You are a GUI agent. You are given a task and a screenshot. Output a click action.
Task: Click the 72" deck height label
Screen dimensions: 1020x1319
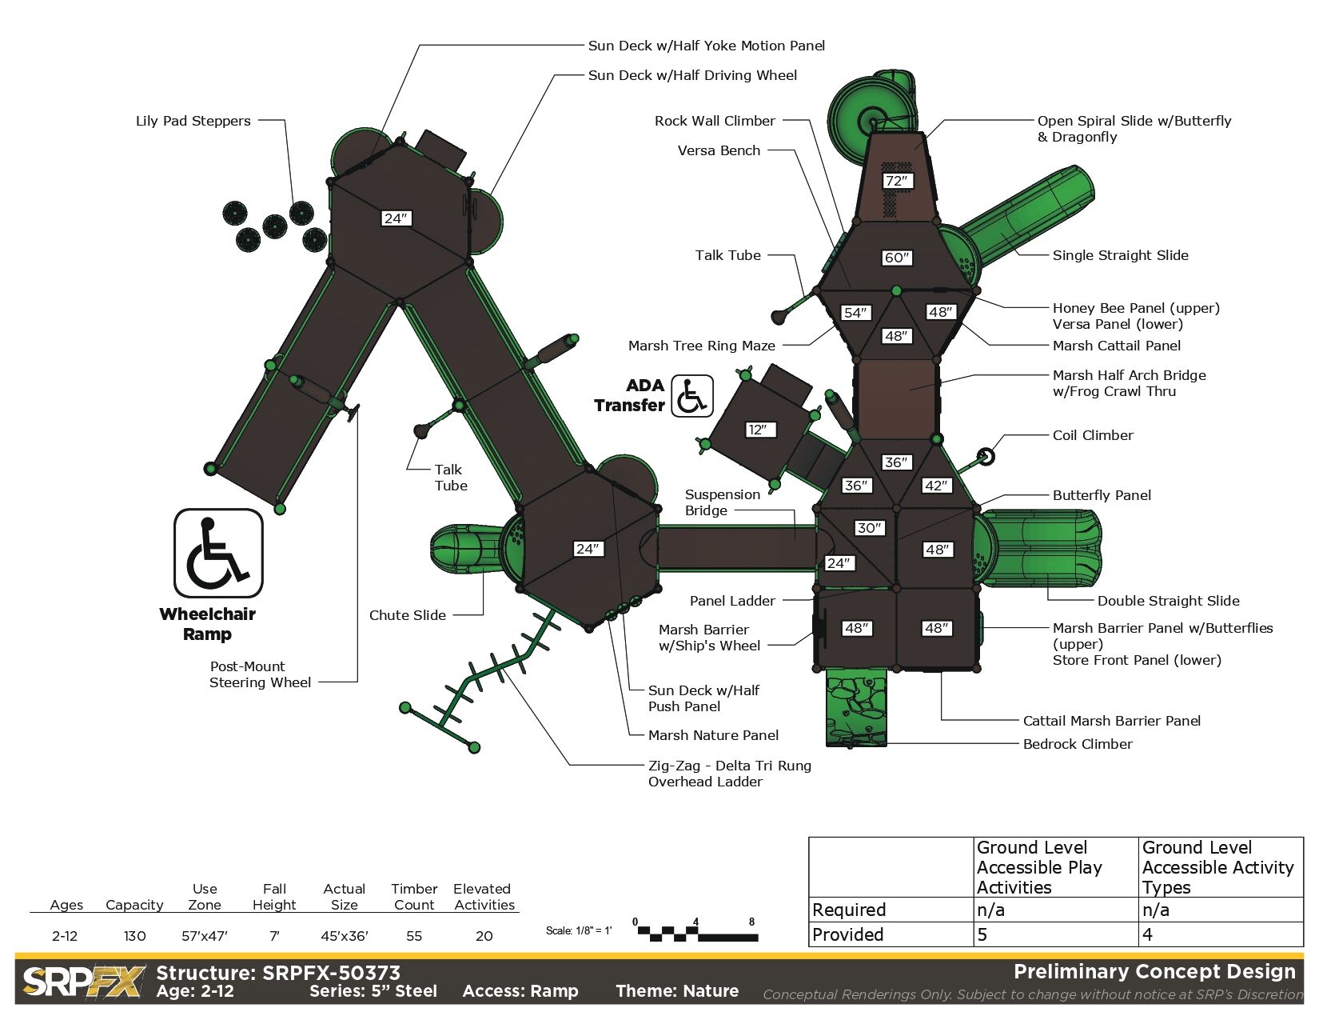coord(896,181)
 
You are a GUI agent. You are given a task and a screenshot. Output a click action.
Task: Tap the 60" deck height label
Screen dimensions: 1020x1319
coord(896,258)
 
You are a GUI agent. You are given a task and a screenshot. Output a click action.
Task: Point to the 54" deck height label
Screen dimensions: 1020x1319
coord(855,313)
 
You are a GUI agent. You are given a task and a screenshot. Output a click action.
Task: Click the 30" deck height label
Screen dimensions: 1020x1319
coord(869,528)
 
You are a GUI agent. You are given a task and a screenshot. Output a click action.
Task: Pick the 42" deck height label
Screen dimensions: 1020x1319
coord(936,486)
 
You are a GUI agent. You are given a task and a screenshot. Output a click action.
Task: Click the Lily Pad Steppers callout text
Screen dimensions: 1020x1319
coord(193,121)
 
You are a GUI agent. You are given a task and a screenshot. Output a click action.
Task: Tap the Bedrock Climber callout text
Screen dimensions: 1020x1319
coord(1078,744)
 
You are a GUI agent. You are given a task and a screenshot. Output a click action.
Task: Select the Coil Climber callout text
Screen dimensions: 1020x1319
coord(1093,435)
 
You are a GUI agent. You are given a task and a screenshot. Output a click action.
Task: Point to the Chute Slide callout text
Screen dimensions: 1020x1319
coord(407,615)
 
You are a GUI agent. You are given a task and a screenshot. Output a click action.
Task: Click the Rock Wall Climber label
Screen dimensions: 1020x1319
coord(715,121)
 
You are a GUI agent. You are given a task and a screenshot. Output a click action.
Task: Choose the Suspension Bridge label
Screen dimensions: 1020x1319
coord(722,502)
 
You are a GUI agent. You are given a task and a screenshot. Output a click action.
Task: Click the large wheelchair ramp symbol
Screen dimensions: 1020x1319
coord(218,553)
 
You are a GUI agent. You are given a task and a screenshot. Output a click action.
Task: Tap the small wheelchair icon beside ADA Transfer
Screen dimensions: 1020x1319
coord(691,396)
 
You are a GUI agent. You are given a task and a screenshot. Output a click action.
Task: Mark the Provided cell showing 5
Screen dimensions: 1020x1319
coord(982,934)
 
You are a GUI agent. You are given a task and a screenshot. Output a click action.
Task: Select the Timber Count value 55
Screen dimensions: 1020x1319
coord(414,936)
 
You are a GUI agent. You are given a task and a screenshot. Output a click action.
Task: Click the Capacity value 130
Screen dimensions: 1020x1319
coord(134,936)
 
